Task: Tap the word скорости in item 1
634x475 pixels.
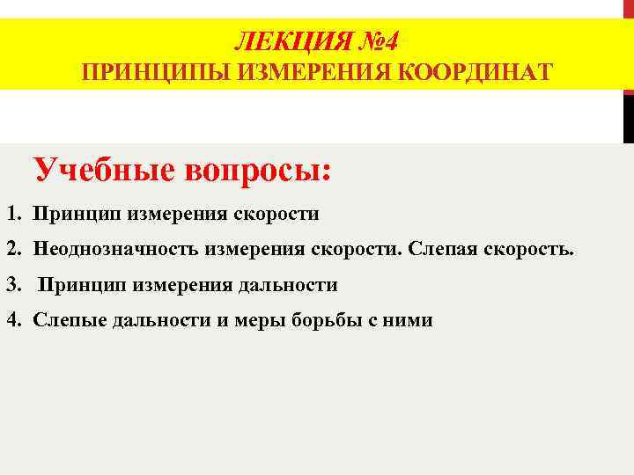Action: [x=276, y=214]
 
